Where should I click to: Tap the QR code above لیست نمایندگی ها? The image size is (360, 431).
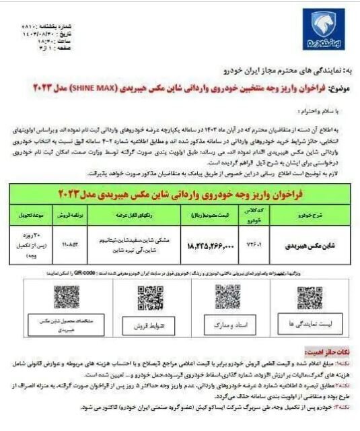pyautogui.click(x=310, y=299)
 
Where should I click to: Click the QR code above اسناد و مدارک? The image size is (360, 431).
pyautogui.click(x=227, y=297)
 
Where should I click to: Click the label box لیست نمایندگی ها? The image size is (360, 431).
pyautogui.click(x=309, y=326)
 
